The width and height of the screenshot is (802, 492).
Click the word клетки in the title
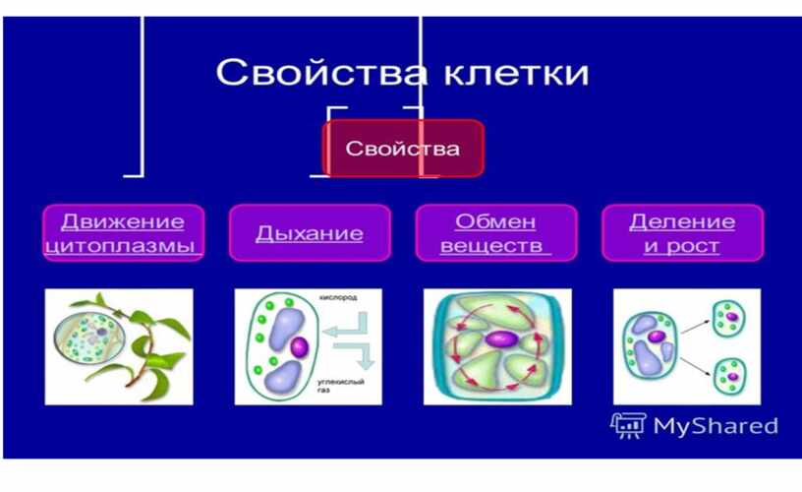tap(516, 72)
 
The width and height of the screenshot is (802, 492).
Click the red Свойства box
tap(403, 149)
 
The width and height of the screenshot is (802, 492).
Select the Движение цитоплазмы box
tap(124, 233)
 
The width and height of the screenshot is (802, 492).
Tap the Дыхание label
tap(310, 233)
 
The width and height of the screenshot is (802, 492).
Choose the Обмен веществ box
tap(496, 233)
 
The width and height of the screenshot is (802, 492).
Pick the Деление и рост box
tap(682, 233)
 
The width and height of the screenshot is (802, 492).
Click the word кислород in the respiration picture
tap(338, 297)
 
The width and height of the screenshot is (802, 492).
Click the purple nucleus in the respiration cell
tap(299, 347)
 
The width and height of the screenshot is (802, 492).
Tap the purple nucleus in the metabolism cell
tap(502, 338)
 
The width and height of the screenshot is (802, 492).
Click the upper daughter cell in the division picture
tap(729, 319)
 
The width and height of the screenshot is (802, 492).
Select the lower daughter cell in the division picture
tap(730, 376)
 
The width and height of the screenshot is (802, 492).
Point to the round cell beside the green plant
tap(89, 338)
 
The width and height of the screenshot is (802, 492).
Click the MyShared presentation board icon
tap(629, 425)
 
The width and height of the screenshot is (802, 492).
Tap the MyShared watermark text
tap(716, 426)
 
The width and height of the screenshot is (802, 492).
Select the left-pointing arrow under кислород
tap(345, 325)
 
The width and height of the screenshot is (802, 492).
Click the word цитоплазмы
tap(121, 246)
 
